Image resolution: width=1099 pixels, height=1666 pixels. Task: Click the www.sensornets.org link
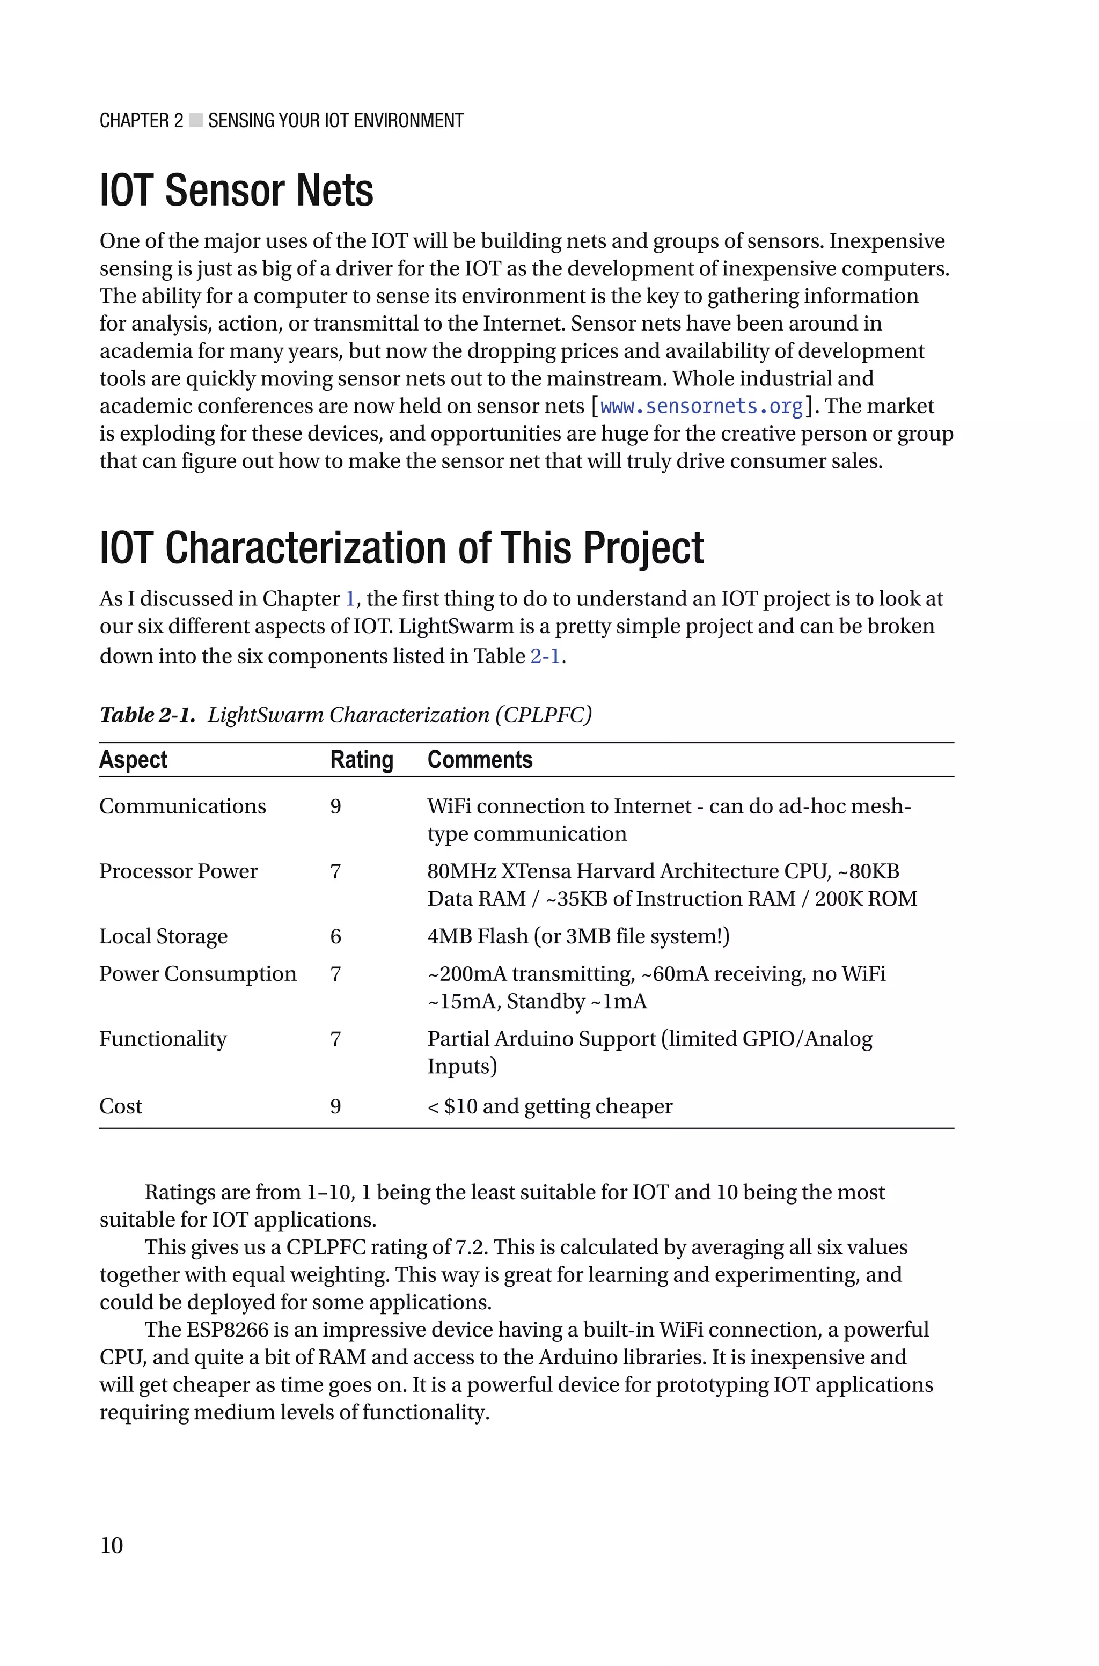coord(701,406)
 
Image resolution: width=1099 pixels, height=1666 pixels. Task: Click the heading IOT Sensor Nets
coord(236,190)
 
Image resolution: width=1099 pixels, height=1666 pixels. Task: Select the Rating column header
coord(362,759)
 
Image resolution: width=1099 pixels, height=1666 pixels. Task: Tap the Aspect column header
coord(133,759)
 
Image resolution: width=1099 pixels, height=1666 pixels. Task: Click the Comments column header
coord(480,759)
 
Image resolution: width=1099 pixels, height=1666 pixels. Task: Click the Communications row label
coord(182,806)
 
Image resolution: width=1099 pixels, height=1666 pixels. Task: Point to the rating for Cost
coord(336,1106)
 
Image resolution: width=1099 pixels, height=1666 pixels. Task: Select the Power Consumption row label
coord(197,974)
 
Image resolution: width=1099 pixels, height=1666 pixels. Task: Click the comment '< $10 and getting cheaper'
coord(550,1106)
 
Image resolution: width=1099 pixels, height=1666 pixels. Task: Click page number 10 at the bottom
coord(112,1545)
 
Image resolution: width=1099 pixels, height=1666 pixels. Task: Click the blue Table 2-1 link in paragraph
coord(545,656)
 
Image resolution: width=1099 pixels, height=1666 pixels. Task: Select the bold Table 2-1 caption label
coord(147,715)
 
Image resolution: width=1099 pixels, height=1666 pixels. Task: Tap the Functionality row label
coord(163,1039)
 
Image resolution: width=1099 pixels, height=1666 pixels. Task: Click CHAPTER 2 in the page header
coord(141,121)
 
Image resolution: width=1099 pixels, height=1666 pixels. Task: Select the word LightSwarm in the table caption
coord(266,715)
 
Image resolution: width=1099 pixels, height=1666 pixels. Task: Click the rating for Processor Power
coord(336,871)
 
